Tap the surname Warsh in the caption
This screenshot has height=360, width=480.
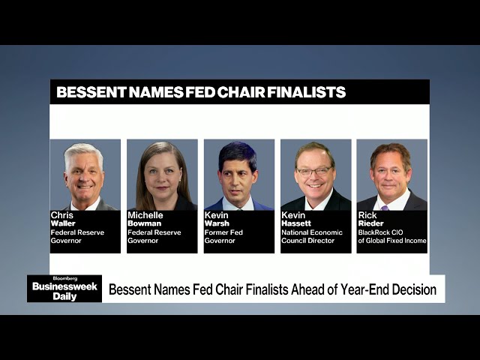tap(217, 223)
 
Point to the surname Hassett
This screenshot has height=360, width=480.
tap(296, 223)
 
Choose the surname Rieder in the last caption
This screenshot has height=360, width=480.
tap(370, 223)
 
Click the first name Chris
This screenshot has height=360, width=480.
tap(61, 214)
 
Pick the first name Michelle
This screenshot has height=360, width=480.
tap(145, 214)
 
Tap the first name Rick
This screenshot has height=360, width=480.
tap(367, 214)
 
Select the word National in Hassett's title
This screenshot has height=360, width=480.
tap(296, 232)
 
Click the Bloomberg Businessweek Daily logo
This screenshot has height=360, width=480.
tap(64, 288)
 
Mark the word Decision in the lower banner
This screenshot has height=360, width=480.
tap(412, 289)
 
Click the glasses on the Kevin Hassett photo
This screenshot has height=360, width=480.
tap(314, 171)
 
